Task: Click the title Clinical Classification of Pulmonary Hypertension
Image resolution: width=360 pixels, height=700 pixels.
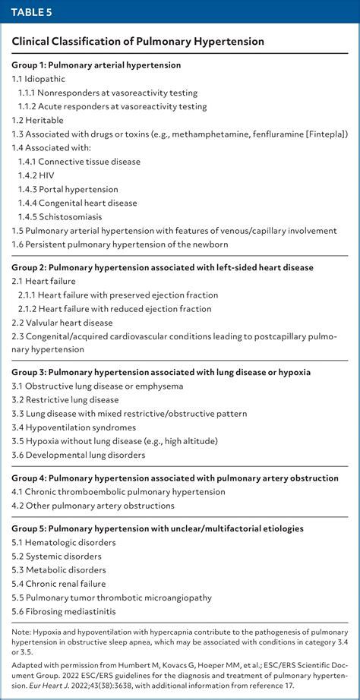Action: pyautogui.click(x=137, y=42)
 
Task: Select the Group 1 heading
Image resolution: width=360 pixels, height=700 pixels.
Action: pyautogui.click(x=96, y=65)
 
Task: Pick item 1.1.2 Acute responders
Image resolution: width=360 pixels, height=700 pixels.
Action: pyautogui.click(x=112, y=106)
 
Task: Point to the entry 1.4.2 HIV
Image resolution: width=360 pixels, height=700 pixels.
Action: pyautogui.click(x=41, y=175)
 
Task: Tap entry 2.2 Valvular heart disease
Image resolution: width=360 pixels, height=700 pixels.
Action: pyautogui.click(x=62, y=322)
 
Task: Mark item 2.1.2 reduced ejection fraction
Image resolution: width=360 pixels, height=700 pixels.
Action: pyautogui.click(x=115, y=308)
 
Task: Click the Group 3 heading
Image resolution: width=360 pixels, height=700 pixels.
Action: pyautogui.click(x=161, y=373)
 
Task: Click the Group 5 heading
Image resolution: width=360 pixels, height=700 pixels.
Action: pyautogui.click(x=157, y=528)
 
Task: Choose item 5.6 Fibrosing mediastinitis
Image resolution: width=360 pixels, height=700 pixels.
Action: pyautogui.click(x=65, y=610)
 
